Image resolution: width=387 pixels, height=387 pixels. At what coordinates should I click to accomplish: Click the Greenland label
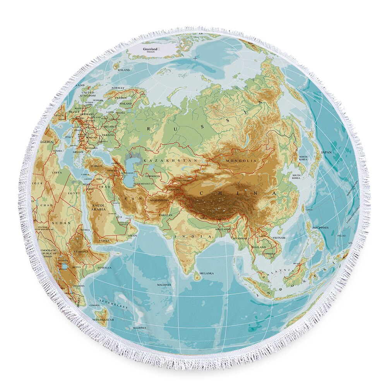click(x=151, y=50)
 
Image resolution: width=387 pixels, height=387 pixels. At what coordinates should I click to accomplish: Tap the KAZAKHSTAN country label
click(x=170, y=160)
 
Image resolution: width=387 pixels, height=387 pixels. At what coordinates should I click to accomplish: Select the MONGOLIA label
click(x=241, y=160)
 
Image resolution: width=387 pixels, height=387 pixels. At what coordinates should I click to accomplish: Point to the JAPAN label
click(x=326, y=152)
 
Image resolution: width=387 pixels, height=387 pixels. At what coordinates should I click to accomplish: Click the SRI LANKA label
click(x=207, y=274)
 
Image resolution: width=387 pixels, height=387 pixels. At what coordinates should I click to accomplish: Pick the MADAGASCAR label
click(x=103, y=320)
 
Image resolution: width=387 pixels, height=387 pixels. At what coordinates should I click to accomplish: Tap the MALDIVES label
click(x=164, y=285)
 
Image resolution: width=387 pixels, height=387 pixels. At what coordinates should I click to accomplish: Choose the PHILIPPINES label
click(x=320, y=228)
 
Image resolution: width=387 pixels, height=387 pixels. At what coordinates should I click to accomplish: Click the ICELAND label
click(x=124, y=70)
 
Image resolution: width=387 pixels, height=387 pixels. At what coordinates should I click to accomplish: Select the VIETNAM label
click(x=279, y=238)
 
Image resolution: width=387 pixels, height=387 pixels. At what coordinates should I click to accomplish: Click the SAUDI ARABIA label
click(x=98, y=207)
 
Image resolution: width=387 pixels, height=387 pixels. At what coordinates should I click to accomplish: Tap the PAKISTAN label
click(x=166, y=215)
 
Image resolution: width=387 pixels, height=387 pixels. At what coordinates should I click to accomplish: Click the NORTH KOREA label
click(x=303, y=158)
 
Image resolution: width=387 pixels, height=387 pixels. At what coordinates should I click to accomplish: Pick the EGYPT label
click(x=74, y=193)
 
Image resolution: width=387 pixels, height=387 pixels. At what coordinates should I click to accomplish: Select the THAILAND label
click(x=258, y=247)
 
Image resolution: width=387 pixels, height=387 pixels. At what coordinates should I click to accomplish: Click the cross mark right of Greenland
click(x=195, y=58)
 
